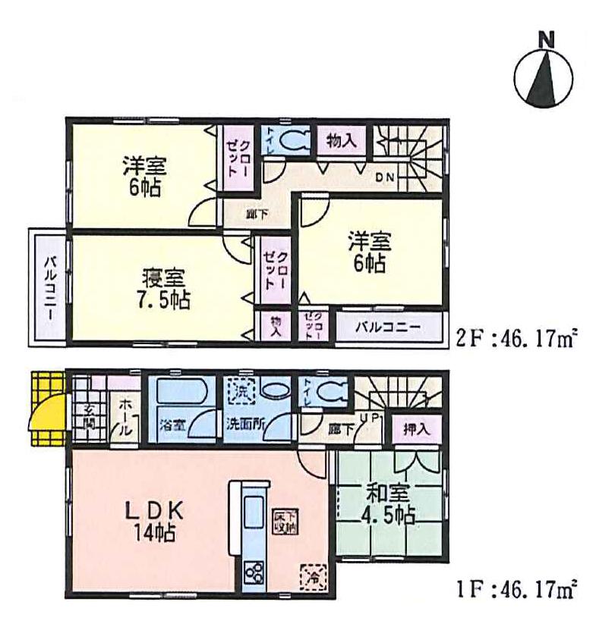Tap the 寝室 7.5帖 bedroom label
point(164,287)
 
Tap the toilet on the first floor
point(330,393)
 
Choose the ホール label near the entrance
point(126,418)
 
